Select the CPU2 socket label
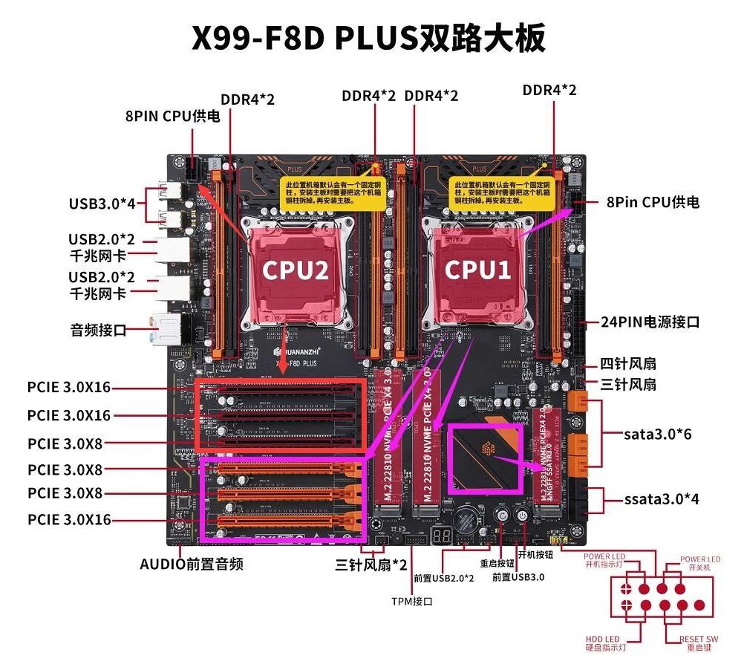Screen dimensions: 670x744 point(295,270)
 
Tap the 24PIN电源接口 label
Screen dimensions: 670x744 point(650,322)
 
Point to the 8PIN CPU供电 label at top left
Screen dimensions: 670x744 point(172,117)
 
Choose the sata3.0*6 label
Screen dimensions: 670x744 point(657,433)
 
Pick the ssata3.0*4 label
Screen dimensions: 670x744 point(661,498)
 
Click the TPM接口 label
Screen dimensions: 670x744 point(412,601)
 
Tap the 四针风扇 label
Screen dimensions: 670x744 point(628,365)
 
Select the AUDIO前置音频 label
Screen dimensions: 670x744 point(191,564)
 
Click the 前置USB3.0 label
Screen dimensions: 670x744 point(519,576)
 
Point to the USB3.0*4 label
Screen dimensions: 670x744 point(102,203)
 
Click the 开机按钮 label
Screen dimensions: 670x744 point(535,554)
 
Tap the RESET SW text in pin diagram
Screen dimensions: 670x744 point(699,638)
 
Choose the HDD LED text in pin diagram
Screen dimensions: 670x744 point(601,638)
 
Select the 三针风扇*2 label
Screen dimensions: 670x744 point(372,565)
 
